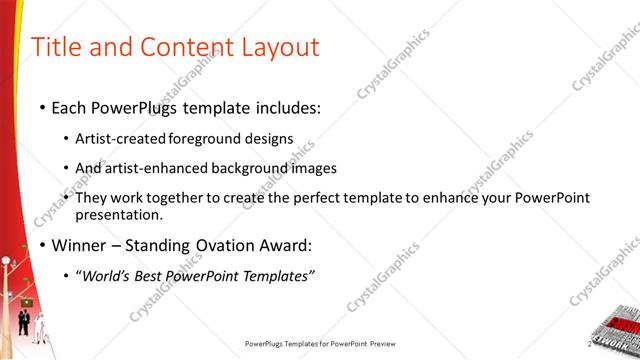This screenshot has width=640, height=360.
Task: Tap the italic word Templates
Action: (x=276, y=276)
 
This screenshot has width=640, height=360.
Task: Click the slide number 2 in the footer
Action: (x=618, y=343)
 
